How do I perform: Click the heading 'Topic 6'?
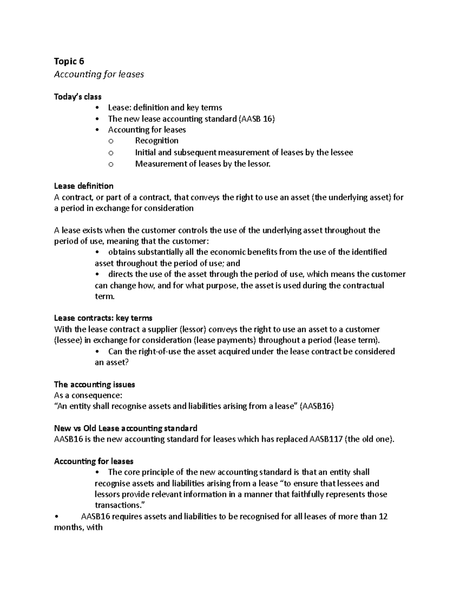(x=69, y=61)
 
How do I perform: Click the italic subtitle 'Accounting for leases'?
(x=99, y=74)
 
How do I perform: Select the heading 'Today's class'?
(x=77, y=97)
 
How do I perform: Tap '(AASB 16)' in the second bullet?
(x=256, y=119)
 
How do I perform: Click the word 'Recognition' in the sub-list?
(x=156, y=141)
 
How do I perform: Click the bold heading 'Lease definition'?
(x=84, y=186)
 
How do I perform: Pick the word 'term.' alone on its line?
(x=104, y=297)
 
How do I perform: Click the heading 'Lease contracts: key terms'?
(x=103, y=318)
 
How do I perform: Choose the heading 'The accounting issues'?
(x=94, y=384)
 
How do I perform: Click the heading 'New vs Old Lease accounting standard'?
(x=126, y=428)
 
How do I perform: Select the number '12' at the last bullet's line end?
(x=383, y=516)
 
